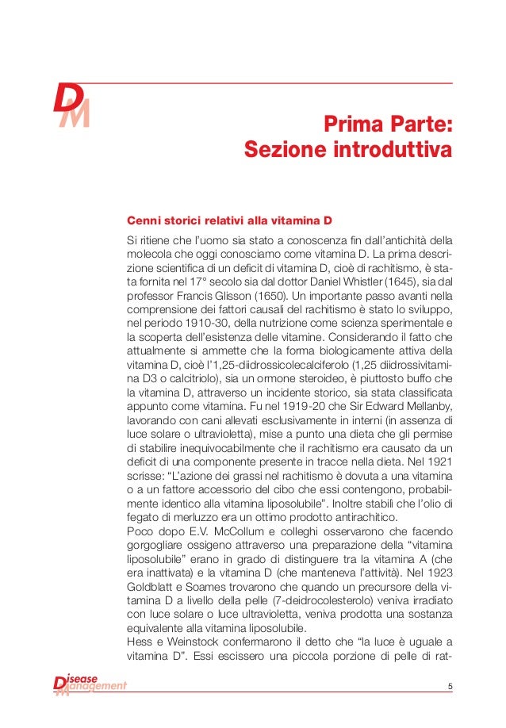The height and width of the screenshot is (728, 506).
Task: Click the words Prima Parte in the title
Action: pos(387,125)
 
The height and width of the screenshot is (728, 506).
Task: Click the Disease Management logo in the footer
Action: pos(89,684)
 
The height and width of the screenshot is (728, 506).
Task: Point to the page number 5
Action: pos(450,686)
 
